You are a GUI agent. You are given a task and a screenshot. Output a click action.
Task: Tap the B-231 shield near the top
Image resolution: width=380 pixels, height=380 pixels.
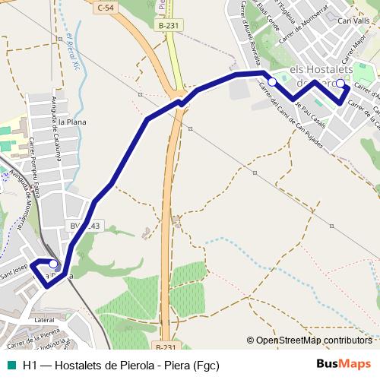point(169,25)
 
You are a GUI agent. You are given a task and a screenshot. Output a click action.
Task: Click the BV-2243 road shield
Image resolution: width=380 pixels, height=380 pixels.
point(84,226)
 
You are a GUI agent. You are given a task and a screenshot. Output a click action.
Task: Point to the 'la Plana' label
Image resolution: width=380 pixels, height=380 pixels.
point(68,122)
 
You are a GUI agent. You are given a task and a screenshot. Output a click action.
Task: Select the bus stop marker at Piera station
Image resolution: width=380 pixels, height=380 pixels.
point(53,264)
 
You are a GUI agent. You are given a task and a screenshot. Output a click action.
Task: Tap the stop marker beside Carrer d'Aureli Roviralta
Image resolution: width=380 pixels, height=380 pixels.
point(271,81)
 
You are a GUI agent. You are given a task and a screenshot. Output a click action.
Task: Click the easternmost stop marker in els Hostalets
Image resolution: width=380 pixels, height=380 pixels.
point(340,84)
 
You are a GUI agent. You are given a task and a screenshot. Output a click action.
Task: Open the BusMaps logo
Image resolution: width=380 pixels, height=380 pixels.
point(344,364)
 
